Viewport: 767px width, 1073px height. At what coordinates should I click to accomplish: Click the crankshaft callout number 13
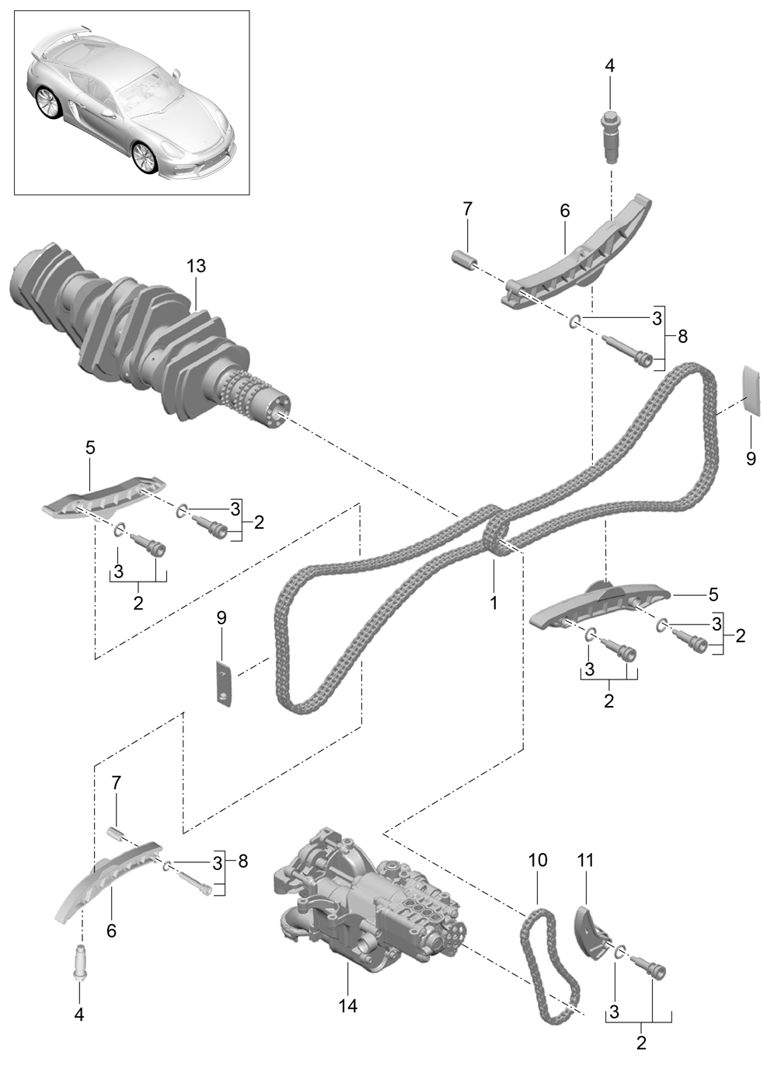pos(196,266)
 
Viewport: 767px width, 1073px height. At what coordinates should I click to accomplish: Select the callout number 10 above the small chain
pos(538,860)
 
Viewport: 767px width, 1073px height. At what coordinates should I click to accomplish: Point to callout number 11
pos(585,860)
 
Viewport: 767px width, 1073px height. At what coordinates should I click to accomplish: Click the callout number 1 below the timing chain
pos(493,602)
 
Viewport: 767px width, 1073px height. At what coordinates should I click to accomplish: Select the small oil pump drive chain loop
pos(550,964)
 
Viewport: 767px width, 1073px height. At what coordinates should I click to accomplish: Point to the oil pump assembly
pos(365,910)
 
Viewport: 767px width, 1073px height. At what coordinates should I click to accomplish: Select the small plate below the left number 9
pos(224,682)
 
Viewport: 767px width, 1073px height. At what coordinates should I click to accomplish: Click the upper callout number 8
pos(682,337)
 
